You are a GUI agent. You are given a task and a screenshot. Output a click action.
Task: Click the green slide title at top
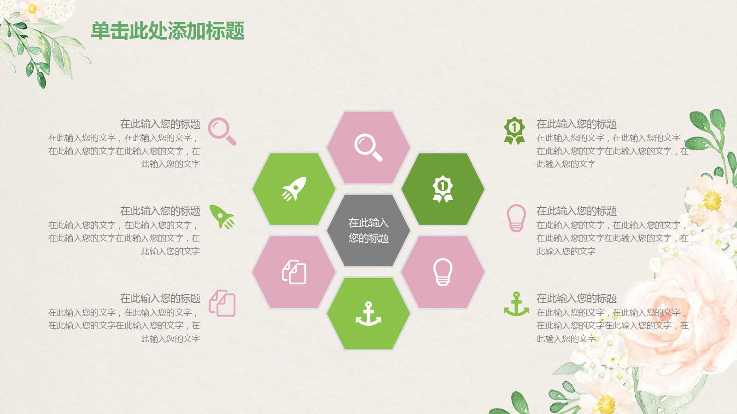[168, 31]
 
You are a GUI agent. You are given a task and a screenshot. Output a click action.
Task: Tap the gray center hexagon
[368, 230]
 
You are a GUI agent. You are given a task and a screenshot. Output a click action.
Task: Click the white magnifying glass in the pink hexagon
[368, 147]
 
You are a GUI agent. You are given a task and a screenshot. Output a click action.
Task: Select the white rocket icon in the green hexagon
[294, 189]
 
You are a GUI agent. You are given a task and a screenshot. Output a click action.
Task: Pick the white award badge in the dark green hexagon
[443, 189]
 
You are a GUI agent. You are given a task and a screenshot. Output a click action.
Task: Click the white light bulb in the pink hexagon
[443, 272]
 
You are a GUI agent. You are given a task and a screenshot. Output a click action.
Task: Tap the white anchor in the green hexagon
[368, 314]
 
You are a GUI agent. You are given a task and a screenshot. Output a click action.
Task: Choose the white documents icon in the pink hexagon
[294, 272]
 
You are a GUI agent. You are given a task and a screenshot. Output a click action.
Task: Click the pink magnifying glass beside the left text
[222, 131]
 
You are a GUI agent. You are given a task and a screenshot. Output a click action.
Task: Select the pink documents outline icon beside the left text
[222, 303]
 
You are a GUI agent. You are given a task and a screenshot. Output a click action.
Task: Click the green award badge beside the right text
[515, 130]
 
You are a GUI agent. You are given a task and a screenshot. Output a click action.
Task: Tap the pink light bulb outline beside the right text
[516, 218]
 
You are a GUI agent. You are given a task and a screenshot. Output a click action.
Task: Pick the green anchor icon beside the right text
[516, 304]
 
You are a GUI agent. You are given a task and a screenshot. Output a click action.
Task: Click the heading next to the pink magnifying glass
[160, 124]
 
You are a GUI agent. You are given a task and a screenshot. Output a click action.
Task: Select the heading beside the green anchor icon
[576, 298]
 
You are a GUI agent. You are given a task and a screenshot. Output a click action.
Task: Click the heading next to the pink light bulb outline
[576, 211]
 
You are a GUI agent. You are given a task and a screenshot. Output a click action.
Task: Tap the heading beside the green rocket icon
[160, 211]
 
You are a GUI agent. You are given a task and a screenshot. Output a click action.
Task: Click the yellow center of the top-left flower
[32, 8]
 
